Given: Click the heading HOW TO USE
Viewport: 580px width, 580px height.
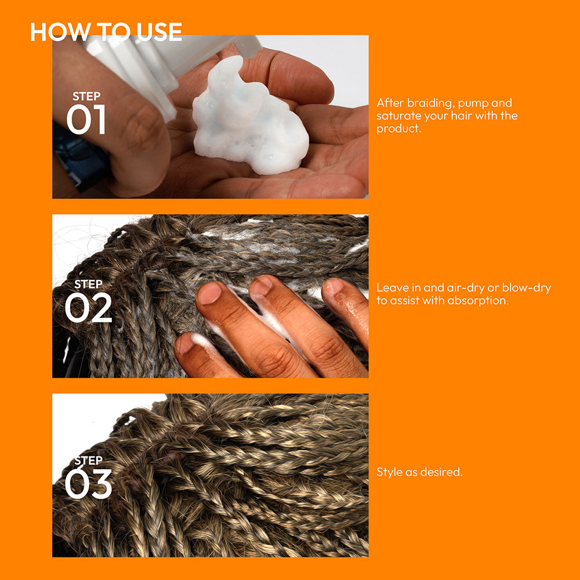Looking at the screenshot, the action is pyautogui.click(x=106, y=31).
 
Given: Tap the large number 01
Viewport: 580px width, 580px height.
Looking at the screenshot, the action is pyautogui.click(x=86, y=119).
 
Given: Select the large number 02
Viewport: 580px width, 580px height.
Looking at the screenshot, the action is pyautogui.click(x=88, y=307).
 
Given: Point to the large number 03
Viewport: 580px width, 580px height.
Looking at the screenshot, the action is pyautogui.click(x=88, y=484).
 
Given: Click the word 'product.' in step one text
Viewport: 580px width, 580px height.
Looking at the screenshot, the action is pyautogui.click(x=399, y=129).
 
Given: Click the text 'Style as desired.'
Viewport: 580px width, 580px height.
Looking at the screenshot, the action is pyautogui.click(x=419, y=472).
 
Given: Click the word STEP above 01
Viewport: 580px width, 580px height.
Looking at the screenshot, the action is pyautogui.click(x=86, y=96).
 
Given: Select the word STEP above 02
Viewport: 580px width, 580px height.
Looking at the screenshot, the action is pyautogui.click(x=88, y=284).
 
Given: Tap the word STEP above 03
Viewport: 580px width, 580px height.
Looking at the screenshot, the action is pyautogui.click(x=88, y=461).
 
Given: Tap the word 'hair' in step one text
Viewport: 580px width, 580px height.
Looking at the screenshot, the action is pyautogui.click(x=459, y=116).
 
